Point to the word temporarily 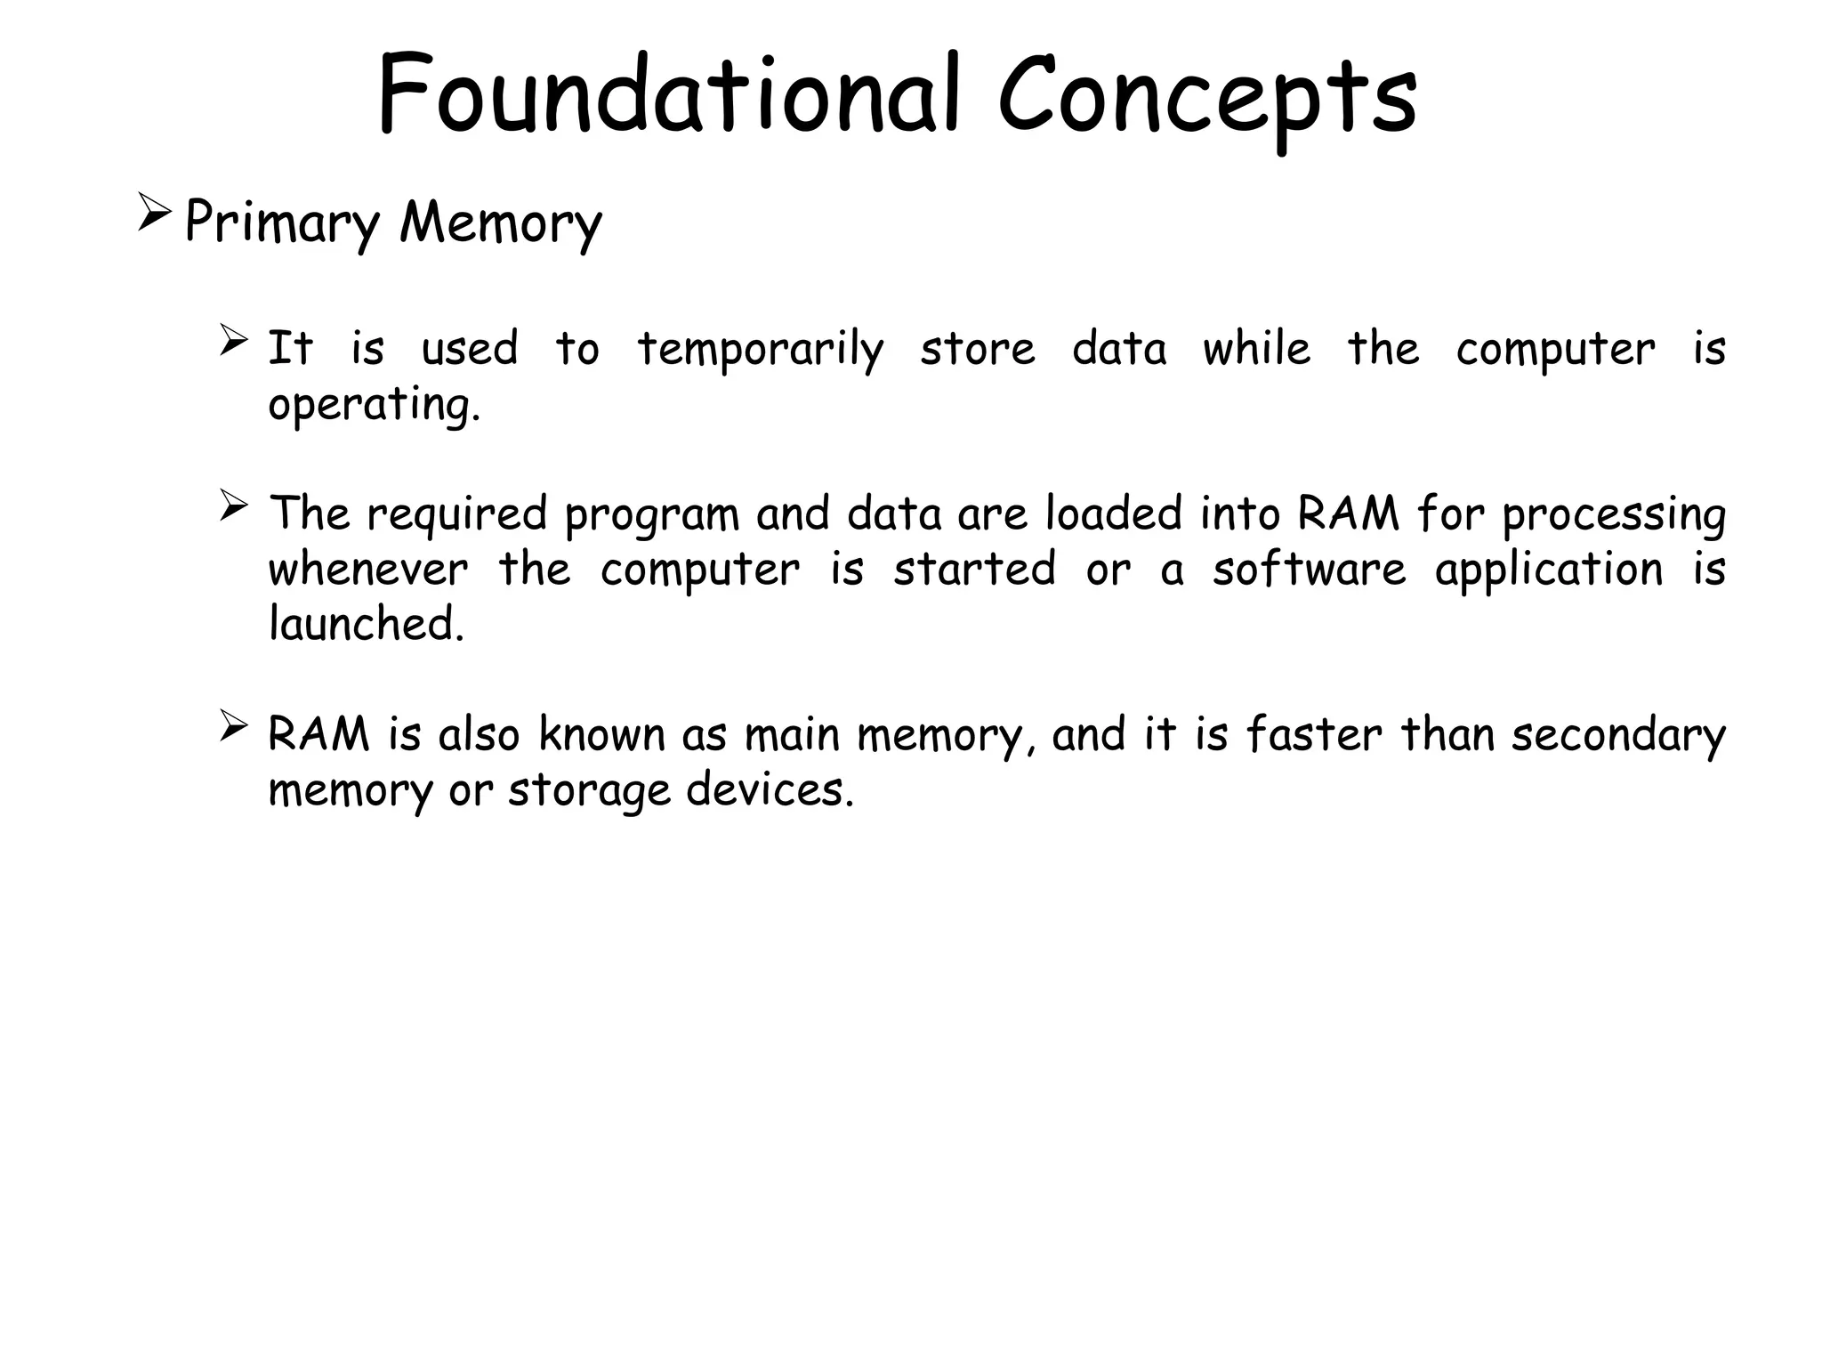(761, 350)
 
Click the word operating (374, 406)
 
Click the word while (1256, 348)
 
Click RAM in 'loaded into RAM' (1349, 514)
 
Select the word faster (1314, 735)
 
